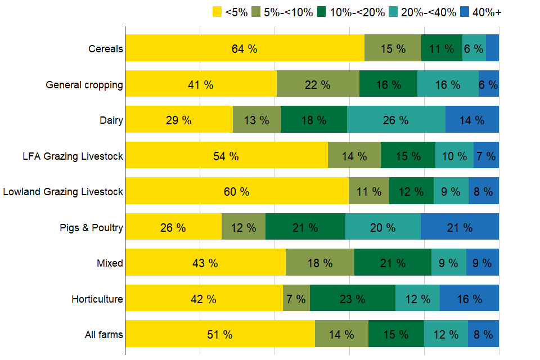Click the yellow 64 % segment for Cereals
click(245, 48)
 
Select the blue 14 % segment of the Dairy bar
click(472, 120)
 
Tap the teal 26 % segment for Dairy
click(396, 120)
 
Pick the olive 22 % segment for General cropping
click(318, 84)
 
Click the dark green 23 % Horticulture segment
click(353, 299)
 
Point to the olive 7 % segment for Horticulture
click(296, 299)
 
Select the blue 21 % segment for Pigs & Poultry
click(460, 227)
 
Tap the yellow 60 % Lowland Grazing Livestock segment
click(237, 191)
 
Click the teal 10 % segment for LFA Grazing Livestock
click(454, 156)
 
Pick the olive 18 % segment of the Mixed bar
click(320, 263)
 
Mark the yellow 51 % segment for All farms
click(220, 334)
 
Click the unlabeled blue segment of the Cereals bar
click(492, 48)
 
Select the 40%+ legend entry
click(480, 12)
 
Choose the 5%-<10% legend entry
click(281, 12)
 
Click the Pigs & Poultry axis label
click(91, 228)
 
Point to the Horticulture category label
click(97, 299)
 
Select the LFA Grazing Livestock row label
click(70, 156)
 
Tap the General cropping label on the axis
click(84, 85)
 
